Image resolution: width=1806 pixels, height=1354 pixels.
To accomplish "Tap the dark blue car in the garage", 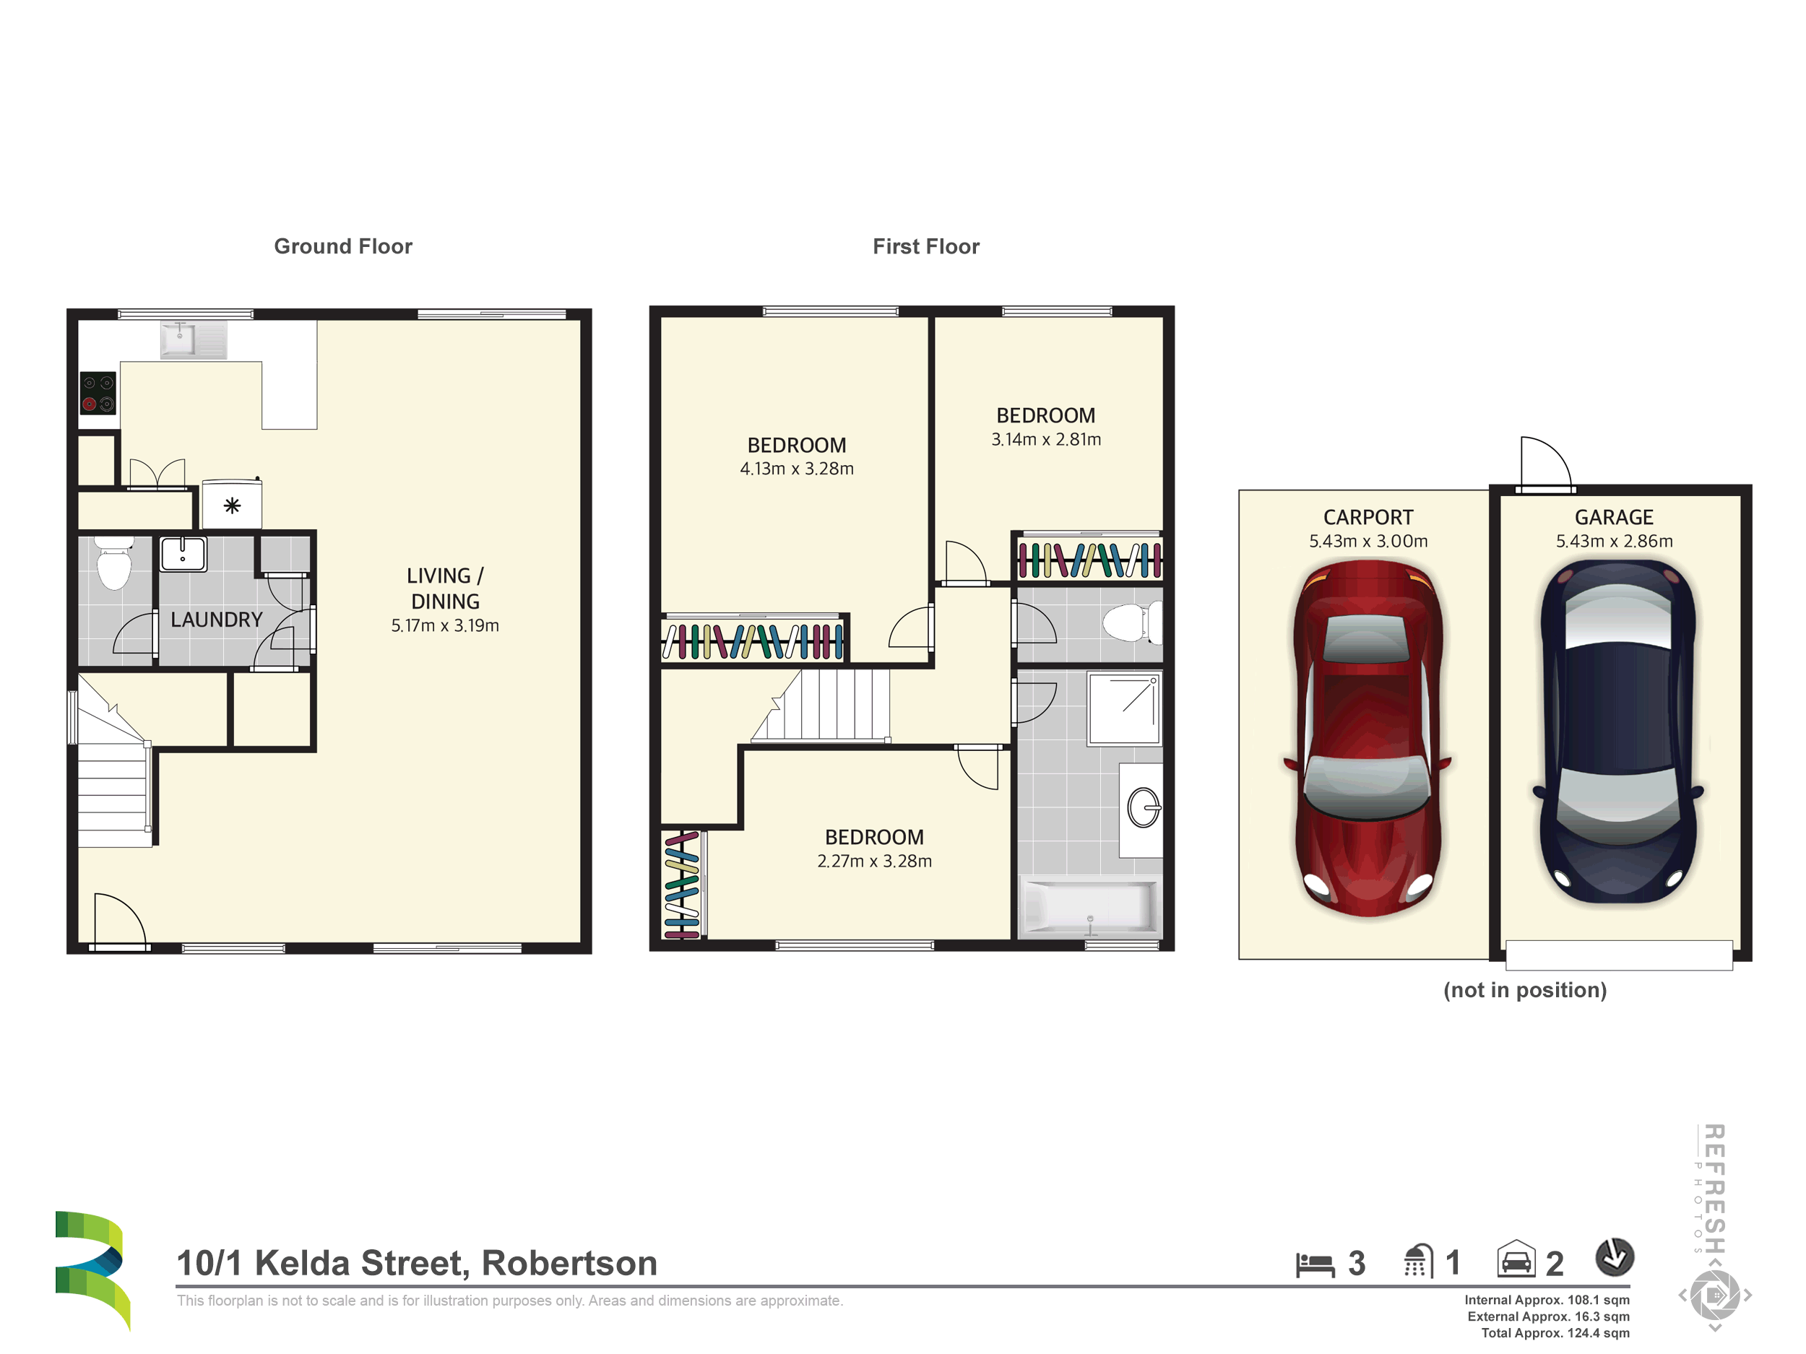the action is (x=1617, y=732).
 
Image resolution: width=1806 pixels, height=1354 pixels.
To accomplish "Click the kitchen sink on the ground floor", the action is (x=179, y=339).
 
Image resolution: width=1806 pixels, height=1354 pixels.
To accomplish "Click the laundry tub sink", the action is (x=183, y=554).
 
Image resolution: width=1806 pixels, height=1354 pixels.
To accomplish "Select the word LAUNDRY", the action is (x=217, y=620).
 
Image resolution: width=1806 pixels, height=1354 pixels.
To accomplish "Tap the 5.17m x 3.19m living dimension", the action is (x=445, y=626).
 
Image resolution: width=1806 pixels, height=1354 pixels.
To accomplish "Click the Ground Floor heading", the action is (x=343, y=246).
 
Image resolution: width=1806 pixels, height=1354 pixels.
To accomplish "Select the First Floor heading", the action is (x=926, y=246).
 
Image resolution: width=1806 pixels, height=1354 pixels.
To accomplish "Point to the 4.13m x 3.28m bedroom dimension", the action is (x=797, y=469).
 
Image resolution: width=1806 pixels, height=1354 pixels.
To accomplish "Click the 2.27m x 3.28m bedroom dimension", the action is (x=874, y=861).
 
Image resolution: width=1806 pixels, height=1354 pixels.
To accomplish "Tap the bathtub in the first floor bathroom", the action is (x=1091, y=905).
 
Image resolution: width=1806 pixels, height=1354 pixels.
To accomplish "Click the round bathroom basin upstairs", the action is (x=1144, y=808).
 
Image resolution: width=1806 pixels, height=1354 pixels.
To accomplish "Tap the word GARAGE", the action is (x=1614, y=518).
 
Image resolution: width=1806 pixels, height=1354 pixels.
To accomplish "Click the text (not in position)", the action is (x=1525, y=990).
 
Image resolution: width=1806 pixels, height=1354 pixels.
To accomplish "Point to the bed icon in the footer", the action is (x=1315, y=1264).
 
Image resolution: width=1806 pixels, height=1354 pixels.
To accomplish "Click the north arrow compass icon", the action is (x=1614, y=1258).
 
